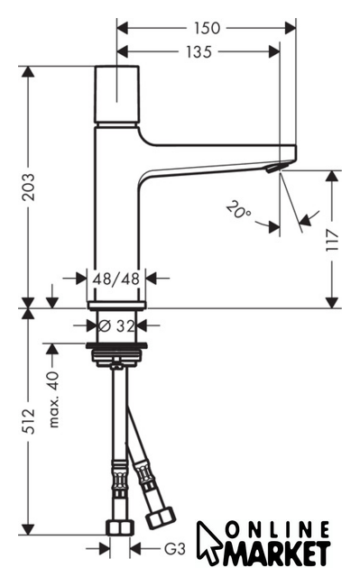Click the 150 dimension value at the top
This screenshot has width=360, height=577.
pos(207,28)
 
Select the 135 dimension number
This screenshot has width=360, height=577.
pos(198,52)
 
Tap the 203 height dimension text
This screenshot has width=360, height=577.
pos(28,187)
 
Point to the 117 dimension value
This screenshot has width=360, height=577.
pos(332,240)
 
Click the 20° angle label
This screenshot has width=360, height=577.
pos(239,210)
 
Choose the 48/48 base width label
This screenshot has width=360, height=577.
pos(116,279)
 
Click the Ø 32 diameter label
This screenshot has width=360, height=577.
pos(117,325)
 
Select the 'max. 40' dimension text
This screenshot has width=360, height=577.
pos(53,399)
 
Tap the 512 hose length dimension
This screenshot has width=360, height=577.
pos(28,421)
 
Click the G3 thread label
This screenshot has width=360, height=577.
pos(174,549)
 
